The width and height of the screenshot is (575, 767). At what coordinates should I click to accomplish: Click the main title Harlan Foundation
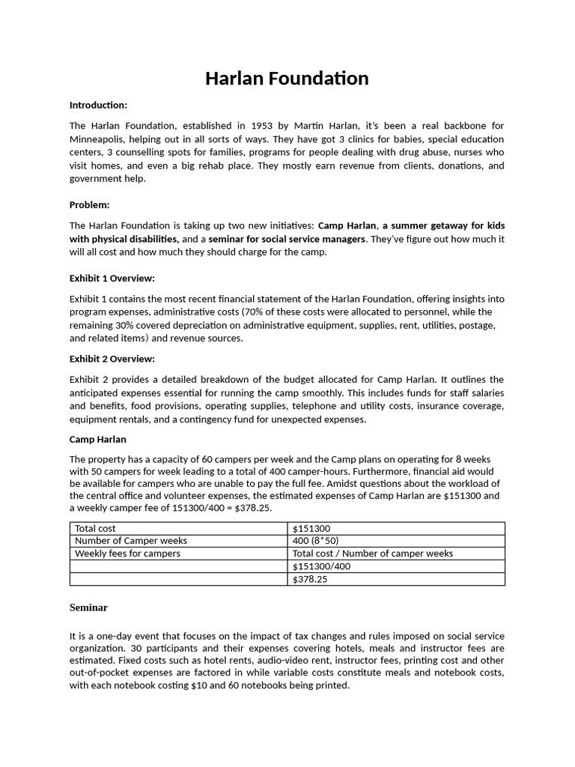pos(287,79)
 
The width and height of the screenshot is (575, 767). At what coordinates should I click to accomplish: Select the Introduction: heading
pos(98,105)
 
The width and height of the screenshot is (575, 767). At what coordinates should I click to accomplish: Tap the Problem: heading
pos(89,204)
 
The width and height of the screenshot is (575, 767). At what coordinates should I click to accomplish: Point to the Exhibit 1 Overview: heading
pos(112,278)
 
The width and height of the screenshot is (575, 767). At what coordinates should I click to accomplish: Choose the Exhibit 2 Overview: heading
pos(112,359)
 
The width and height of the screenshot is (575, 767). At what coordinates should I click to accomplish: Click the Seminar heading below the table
pos(88,607)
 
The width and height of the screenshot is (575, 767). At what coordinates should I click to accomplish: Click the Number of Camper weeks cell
pos(131,541)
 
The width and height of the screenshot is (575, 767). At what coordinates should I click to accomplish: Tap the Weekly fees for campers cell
pos(127,554)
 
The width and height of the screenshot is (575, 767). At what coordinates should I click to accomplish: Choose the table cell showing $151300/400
pos(321,566)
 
